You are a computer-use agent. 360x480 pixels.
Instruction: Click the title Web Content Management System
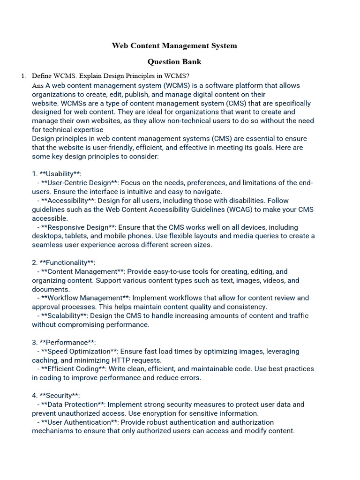tap(174, 45)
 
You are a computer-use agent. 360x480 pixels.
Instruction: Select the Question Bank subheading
tap(174, 61)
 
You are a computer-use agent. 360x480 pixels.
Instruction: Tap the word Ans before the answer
tap(37, 86)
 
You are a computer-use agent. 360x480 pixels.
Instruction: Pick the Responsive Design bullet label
tap(78, 227)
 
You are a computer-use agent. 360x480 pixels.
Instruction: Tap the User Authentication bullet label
tap(79, 422)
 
